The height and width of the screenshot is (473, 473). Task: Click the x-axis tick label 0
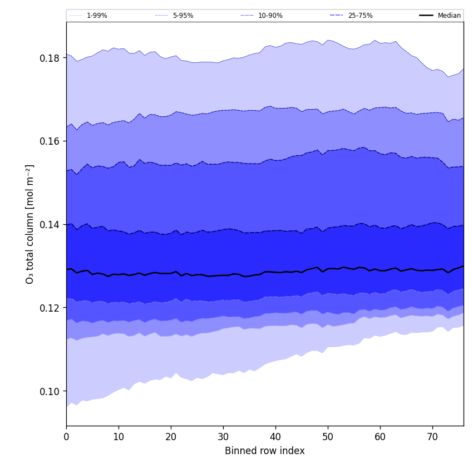tap(66, 437)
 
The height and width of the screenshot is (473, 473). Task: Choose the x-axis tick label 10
tap(119, 437)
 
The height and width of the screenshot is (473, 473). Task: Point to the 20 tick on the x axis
tap(171, 437)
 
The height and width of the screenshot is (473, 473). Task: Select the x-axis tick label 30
tap(223, 437)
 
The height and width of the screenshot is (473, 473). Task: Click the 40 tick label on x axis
tap(275, 437)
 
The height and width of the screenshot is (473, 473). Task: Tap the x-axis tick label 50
tap(328, 437)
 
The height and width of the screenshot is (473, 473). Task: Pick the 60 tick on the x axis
tap(380, 437)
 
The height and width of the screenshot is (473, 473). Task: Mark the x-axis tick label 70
tap(432, 437)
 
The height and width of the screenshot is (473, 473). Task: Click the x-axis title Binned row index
tap(265, 451)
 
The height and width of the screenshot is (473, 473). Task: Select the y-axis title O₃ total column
tap(30, 224)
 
